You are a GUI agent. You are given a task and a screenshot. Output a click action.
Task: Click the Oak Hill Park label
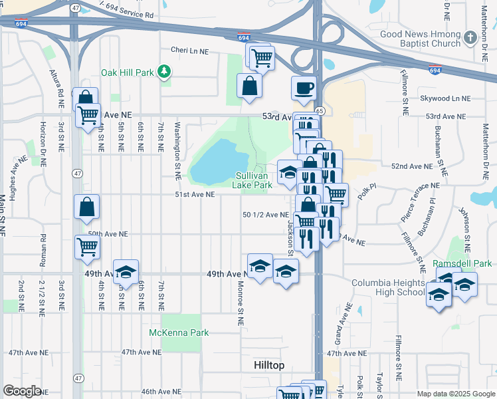click(127, 72)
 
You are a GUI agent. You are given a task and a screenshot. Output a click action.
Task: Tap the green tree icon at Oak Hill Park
click(164, 72)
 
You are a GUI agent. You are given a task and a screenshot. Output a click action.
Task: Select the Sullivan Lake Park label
click(254, 180)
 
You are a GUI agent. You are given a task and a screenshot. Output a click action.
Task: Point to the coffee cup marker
click(304, 88)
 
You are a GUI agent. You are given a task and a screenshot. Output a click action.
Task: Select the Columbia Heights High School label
click(388, 287)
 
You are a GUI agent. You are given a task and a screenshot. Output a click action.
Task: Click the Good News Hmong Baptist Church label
click(420, 39)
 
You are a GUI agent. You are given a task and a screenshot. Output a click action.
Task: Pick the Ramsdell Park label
click(462, 263)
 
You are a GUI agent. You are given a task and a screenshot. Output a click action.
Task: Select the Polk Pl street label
click(366, 194)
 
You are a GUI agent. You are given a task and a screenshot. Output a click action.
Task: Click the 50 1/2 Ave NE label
click(266, 215)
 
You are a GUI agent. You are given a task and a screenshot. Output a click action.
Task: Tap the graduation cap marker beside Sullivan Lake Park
click(288, 173)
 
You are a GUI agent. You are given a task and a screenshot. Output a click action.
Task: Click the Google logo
click(22, 391)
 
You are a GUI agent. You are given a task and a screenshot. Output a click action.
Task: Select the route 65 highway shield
click(320, 111)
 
